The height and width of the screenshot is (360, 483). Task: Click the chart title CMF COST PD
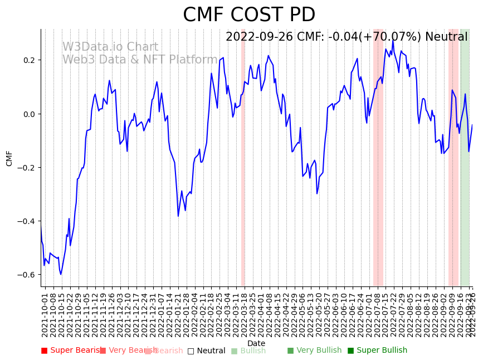249,15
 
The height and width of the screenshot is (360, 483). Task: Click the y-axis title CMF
9,158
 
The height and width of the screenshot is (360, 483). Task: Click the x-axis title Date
256,343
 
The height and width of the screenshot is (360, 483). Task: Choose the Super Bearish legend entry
72,351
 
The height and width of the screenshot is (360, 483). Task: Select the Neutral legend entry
207,351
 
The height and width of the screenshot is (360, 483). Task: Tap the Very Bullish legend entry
314,351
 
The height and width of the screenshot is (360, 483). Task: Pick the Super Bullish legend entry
378,351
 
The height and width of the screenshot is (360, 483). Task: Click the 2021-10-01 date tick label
45,313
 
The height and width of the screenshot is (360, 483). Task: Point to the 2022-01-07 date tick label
162,313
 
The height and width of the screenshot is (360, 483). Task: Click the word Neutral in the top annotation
446,37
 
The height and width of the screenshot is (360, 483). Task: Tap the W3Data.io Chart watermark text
110,47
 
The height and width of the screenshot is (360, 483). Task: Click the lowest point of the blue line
61,274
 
